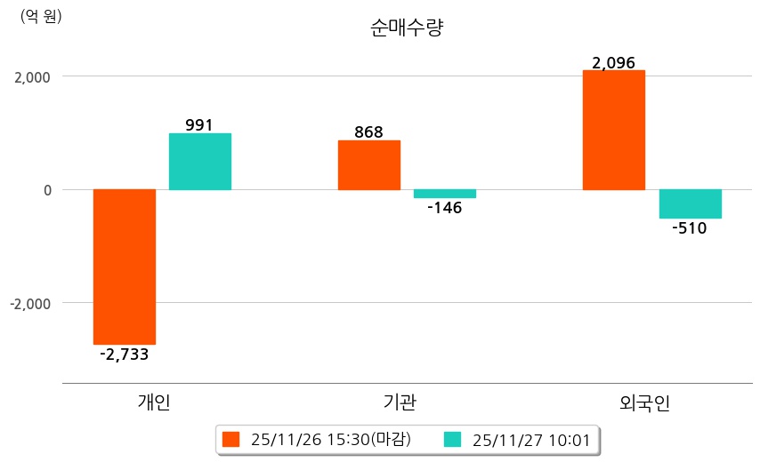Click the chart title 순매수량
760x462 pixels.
(407, 28)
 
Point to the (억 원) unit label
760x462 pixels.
(41, 16)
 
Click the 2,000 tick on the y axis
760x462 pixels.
(31, 76)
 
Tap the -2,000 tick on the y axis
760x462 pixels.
(29, 303)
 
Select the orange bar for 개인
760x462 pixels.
(125, 267)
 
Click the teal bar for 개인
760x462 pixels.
(200, 162)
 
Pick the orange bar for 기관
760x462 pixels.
(369, 165)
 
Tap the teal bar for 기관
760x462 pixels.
(445, 194)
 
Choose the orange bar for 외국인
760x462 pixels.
(614, 130)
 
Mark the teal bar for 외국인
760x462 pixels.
(691, 203)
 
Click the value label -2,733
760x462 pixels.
(125, 354)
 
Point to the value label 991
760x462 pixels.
(199, 125)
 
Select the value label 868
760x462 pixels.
(368, 132)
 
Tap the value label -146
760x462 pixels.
(445, 209)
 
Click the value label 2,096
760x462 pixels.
(614, 63)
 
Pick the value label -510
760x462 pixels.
(690, 228)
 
